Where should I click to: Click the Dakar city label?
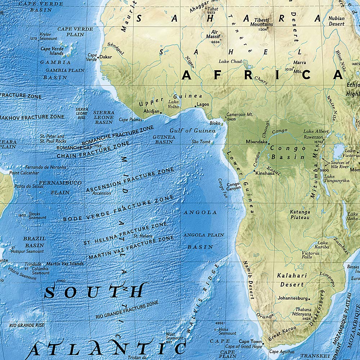(106, 57)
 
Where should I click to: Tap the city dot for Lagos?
(195, 107)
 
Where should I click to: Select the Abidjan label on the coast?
(151, 112)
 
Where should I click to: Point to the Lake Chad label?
(230, 62)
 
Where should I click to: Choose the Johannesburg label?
(293, 298)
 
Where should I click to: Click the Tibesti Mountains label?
(264, 22)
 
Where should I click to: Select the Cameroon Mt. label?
(240, 114)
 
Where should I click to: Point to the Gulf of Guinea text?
(193, 131)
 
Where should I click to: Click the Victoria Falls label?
(310, 255)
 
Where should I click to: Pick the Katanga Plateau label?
(300, 215)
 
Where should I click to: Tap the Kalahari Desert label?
(292, 280)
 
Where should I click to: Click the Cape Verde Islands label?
(52, 51)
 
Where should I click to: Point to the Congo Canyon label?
(233, 186)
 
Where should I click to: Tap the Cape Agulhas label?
(282, 352)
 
